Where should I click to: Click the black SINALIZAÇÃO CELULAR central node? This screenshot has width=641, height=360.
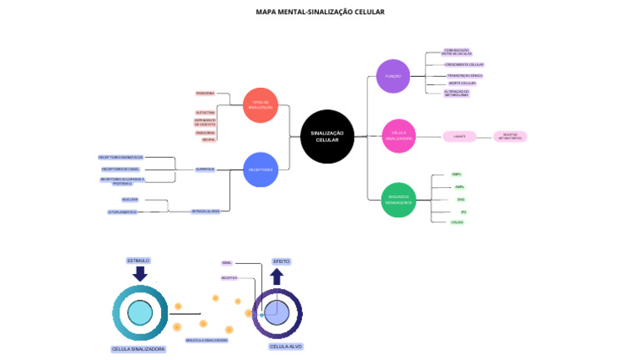pyautogui.click(x=327, y=136)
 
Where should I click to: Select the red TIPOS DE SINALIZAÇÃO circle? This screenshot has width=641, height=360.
pyautogui.click(x=260, y=105)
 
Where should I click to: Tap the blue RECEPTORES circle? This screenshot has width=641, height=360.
pyautogui.click(x=260, y=170)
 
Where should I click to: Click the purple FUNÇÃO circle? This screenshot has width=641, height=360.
pyautogui.click(x=393, y=76)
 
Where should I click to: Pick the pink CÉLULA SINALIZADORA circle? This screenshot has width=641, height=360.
pyautogui.click(x=399, y=136)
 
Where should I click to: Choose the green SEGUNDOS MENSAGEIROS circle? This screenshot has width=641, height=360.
pyautogui.click(x=399, y=200)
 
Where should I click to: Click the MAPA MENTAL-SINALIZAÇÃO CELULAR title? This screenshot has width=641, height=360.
pyautogui.click(x=320, y=12)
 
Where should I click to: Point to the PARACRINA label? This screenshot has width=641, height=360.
pyautogui.click(x=205, y=93)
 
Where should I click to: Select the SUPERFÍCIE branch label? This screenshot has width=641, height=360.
pyautogui.click(x=205, y=170)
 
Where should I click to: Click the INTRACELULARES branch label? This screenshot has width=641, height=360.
pyautogui.click(x=205, y=211)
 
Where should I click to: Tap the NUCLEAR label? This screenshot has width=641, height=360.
pyautogui.click(x=130, y=200)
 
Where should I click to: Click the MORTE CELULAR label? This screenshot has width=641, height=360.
pyautogui.click(x=462, y=84)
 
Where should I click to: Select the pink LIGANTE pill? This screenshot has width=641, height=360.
pyautogui.click(x=459, y=136)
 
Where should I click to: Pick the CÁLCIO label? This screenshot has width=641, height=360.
pyautogui.click(x=457, y=222)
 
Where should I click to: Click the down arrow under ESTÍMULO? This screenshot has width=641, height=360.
pyautogui.click(x=139, y=273)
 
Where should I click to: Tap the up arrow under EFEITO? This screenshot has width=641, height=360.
pyautogui.click(x=276, y=276)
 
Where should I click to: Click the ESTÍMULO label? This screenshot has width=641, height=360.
pyautogui.click(x=139, y=261)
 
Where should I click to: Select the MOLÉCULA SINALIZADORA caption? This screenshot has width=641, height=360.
pyautogui.click(x=206, y=340)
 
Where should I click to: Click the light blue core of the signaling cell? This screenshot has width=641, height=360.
pyautogui.click(x=140, y=313)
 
